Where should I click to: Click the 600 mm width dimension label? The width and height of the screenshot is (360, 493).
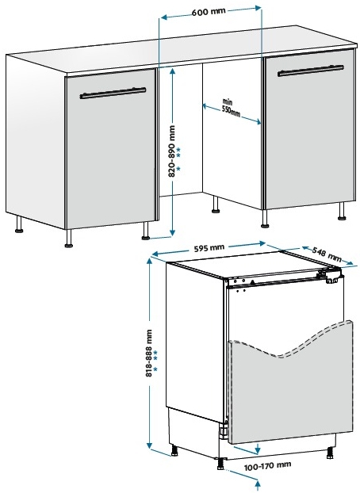209,11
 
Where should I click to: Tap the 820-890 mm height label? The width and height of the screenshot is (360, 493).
172,151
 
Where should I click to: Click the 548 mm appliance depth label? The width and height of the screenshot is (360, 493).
327,254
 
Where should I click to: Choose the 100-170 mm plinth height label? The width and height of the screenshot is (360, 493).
267,465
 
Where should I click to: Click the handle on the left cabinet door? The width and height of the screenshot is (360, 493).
113,93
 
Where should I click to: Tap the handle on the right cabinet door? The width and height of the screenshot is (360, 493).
311,71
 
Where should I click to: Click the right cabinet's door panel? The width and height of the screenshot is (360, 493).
310,129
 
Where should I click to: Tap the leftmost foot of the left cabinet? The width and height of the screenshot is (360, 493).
19,225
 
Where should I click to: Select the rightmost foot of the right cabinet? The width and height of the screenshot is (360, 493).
342,212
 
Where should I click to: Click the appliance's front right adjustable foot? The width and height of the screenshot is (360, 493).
330,453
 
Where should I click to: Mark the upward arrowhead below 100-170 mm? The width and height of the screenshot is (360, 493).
259,483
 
